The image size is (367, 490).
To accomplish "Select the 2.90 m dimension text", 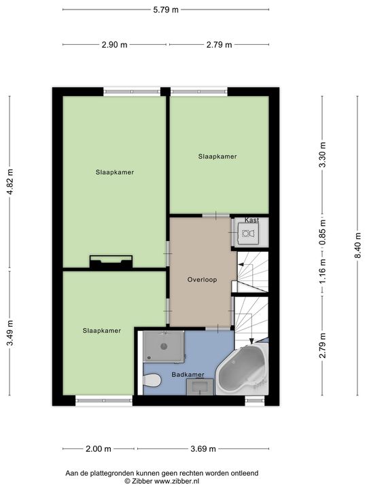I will (114, 45).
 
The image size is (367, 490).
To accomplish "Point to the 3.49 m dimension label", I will (9, 333).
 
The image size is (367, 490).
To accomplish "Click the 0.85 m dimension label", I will (323, 232).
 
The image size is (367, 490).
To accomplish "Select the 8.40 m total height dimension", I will (358, 246).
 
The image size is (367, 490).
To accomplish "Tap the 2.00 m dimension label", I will (99, 448).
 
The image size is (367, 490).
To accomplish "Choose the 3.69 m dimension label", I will (203, 448).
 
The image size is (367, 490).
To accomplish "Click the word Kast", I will (251, 220).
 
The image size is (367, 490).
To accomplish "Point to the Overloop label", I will (202, 279).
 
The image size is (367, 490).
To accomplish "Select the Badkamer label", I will (188, 375).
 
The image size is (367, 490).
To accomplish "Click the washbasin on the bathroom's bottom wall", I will (202, 387).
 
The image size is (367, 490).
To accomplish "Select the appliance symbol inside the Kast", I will (248, 234).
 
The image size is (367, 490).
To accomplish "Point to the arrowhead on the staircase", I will (251, 340).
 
